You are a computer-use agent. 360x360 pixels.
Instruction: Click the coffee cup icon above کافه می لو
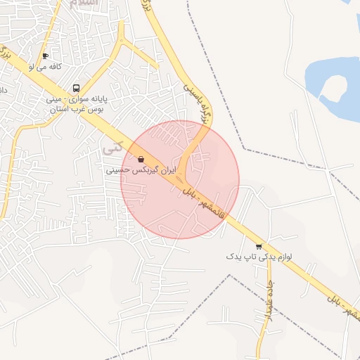click(x=46, y=56)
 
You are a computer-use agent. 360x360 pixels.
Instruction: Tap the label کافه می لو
click(x=46, y=66)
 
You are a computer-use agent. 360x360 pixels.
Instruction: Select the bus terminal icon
click(x=75, y=88)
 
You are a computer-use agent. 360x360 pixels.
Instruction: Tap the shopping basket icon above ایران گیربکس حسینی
click(x=142, y=160)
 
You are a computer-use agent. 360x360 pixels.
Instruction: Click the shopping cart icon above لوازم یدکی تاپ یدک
click(x=259, y=246)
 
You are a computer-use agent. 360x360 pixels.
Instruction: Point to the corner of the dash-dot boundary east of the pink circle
click(x=243, y=148)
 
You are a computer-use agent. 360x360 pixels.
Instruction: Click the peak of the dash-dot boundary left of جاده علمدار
click(x=231, y=275)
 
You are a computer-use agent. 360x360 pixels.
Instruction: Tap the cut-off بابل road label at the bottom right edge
click(x=340, y=304)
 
